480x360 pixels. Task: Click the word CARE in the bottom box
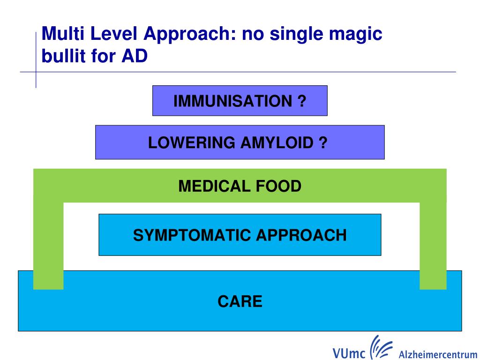click(x=240, y=301)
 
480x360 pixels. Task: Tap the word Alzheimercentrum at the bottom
click(x=438, y=354)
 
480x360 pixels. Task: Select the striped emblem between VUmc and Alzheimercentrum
click(x=380, y=347)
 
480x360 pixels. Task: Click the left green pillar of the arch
click(x=48, y=244)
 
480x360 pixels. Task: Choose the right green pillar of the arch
click(x=433, y=244)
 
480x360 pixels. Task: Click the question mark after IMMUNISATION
click(x=302, y=101)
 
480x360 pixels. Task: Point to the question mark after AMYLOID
click(x=323, y=142)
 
